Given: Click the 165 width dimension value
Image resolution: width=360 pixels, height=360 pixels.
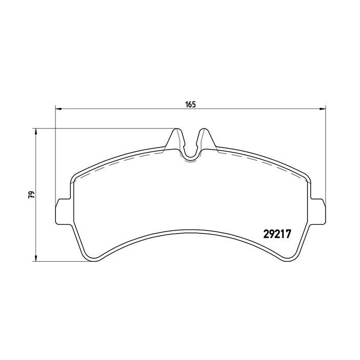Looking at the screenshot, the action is [x=190, y=104].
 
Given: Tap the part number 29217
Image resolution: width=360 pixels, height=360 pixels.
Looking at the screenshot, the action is [x=277, y=234].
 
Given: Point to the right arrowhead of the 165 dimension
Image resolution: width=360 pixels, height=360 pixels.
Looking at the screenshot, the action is [x=323, y=109].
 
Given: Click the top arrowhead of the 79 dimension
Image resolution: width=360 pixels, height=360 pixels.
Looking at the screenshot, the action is [x=35, y=132].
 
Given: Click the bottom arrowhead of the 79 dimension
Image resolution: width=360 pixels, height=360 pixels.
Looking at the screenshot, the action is [x=35, y=258].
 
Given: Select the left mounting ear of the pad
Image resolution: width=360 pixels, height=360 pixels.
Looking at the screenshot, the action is [x=63, y=211].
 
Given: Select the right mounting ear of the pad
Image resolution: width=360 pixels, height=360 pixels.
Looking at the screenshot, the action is [x=318, y=211].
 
